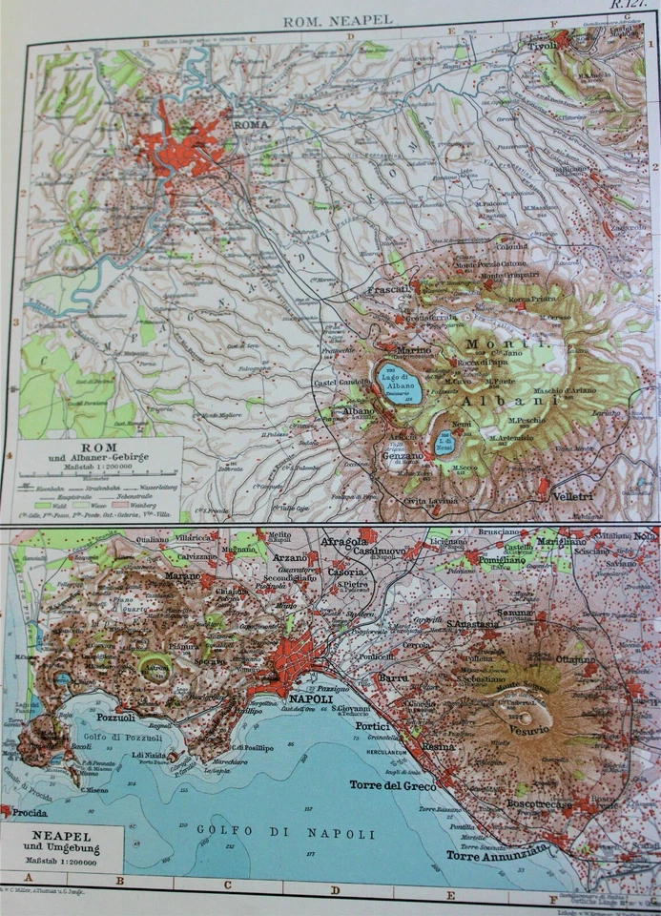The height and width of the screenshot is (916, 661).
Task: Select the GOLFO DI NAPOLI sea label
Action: [x=283, y=833]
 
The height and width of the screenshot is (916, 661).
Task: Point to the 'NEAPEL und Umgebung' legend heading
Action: [x=59, y=846]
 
